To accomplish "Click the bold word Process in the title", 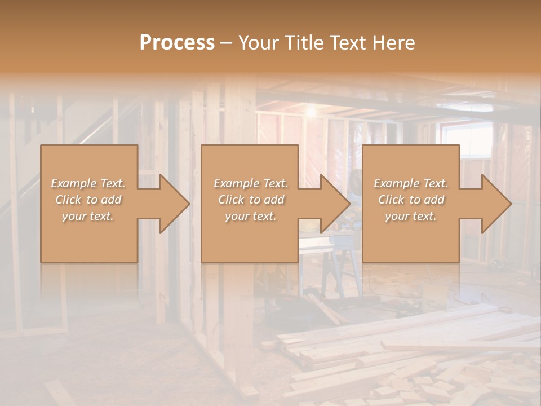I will [x=177, y=43].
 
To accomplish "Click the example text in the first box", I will [x=88, y=200].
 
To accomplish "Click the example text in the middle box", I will [x=251, y=200].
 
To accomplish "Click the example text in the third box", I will [x=411, y=200].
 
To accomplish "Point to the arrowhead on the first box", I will [x=172, y=204].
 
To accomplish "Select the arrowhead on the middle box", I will [x=332, y=204].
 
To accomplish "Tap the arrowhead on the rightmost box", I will [x=494, y=204].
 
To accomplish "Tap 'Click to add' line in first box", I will [x=88, y=200].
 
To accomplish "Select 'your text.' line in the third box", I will [x=411, y=216].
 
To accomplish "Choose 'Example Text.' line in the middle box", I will [x=251, y=183].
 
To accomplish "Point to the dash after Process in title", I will [x=227, y=43].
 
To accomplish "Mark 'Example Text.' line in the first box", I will [x=88, y=183].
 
